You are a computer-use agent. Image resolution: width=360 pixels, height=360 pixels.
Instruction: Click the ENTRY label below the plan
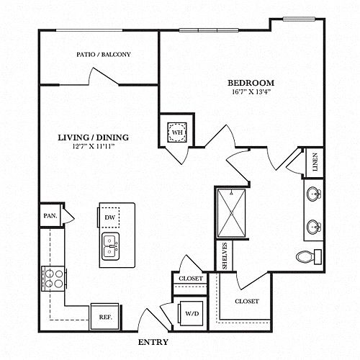pyautogui.click(x=153, y=342)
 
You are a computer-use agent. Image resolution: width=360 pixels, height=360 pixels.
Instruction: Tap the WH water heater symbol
pyautogui.click(x=177, y=132)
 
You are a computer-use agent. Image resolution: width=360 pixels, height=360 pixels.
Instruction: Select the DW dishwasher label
pyautogui.click(x=110, y=217)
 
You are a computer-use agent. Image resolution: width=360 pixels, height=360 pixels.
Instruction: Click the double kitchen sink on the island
pyautogui.click(x=111, y=246)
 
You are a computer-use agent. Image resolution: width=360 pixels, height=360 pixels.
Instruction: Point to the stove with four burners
pyautogui.click(x=53, y=279)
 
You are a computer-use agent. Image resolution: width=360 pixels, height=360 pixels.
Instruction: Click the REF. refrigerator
pyautogui.click(x=105, y=317)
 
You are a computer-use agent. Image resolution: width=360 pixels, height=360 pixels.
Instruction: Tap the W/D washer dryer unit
pyautogui.click(x=192, y=313)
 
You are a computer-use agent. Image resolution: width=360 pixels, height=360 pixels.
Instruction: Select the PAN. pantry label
pyautogui.click(x=50, y=216)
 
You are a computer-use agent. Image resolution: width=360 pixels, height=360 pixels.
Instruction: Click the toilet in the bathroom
pyautogui.click(x=309, y=257)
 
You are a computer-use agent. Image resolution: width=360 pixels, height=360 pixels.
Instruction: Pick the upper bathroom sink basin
pyautogui.click(x=314, y=193)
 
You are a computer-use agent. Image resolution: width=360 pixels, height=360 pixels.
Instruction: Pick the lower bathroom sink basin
pyautogui.click(x=314, y=226)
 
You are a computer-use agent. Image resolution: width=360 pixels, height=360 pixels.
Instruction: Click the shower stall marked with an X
pyautogui.click(x=231, y=213)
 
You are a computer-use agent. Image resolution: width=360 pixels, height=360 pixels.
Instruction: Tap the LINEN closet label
pyautogui.click(x=315, y=162)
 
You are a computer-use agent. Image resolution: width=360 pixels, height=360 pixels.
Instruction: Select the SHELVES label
pyautogui.click(x=225, y=256)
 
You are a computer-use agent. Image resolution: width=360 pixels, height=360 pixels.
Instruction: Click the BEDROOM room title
pyautogui.click(x=251, y=83)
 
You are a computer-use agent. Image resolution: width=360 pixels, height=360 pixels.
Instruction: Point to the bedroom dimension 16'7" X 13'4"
pyautogui.click(x=251, y=92)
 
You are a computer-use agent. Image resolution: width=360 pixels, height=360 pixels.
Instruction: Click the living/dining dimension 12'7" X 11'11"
pyautogui.click(x=93, y=146)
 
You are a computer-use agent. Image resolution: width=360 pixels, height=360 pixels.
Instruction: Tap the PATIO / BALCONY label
pyautogui.click(x=104, y=55)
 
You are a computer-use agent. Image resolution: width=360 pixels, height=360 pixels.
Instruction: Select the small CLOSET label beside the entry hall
pyautogui.click(x=191, y=279)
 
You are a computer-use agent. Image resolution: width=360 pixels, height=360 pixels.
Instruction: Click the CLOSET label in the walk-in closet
pyautogui.click(x=247, y=301)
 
